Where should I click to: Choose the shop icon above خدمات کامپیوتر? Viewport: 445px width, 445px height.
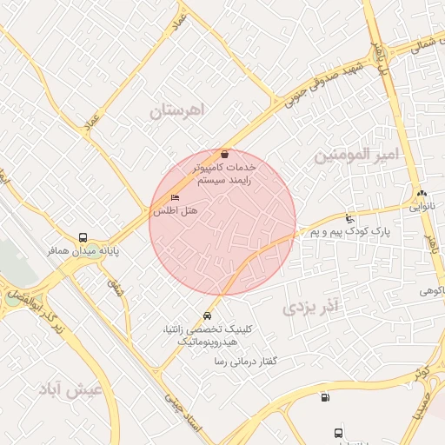click(x=225, y=154)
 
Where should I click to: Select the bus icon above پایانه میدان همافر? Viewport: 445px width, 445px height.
click(x=83, y=236)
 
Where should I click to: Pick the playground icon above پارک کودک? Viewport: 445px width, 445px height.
click(x=349, y=218)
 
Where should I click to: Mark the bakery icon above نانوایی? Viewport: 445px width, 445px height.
click(x=422, y=194)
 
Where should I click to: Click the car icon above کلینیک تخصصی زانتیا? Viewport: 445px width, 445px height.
click(x=207, y=315)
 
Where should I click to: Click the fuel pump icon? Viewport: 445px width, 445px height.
click(x=325, y=398)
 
